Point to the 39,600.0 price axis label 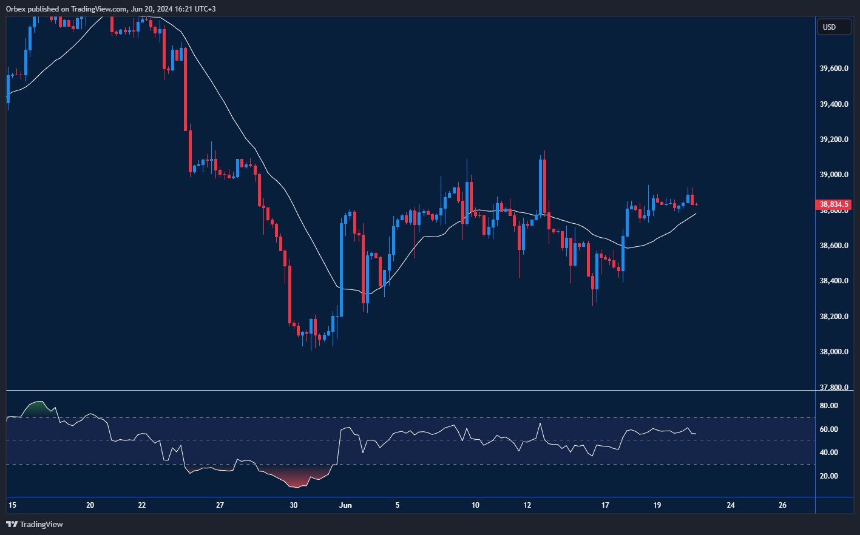pyautogui.click(x=833, y=69)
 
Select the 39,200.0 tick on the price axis pyautogui.click(x=833, y=140)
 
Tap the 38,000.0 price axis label pyautogui.click(x=833, y=352)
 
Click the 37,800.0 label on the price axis pyautogui.click(x=833, y=387)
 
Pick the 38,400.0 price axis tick pyautogui.click(x=833, y=281)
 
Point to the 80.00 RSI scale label pyautogui.click(x=828, y=406)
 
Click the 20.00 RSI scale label pyautogui.click(x=828, y=476)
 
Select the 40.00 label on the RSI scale pyautogui.click(x=828, y=453)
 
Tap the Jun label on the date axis pyautogui.click(x=345, y=505)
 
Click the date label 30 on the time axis pyautogui.click(x=293, y=505)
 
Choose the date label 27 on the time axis pyautogui.click(x=220, y=505)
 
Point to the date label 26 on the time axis pyautogui.click(x=782, y=505)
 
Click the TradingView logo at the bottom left pyautogui.click(x=35, y=524)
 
